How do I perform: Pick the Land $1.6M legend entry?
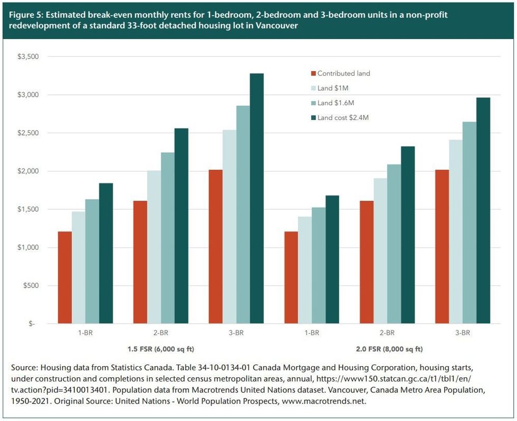coord(339,103)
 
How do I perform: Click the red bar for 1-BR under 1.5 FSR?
coord(65,277)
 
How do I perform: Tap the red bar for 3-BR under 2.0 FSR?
coord(442,247)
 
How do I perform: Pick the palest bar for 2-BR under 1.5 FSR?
coord(154,247)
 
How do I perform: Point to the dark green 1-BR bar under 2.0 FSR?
coord(332,259)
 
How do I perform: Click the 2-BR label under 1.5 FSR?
coord(161,333)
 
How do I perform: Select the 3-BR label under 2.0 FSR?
coord(462,333)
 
